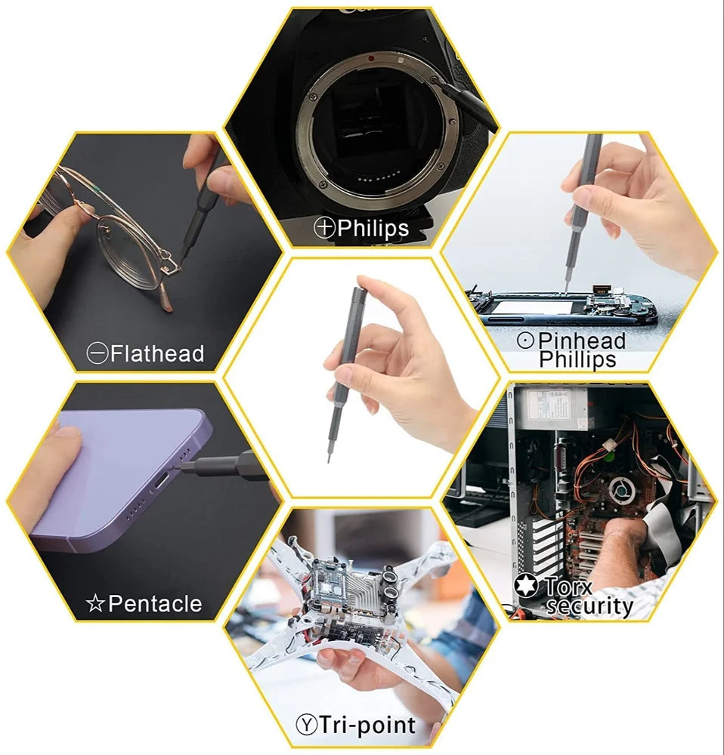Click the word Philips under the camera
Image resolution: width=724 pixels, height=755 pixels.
tap(373, 227)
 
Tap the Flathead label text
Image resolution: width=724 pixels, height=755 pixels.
tap(157, 353)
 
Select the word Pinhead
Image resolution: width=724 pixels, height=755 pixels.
tap(582, 341)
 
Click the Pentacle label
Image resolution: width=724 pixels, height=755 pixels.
tap(155, 603)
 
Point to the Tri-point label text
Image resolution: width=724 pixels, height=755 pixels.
tap(367, 726)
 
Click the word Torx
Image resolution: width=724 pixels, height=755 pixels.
tap(569, 585)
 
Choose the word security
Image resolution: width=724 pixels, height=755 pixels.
tap(589, 606)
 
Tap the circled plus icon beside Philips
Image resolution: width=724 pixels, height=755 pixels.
tap(325, 227)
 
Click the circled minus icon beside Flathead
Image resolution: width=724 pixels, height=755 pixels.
tap(97, 353)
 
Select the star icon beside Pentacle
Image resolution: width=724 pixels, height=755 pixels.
tap(95, 604)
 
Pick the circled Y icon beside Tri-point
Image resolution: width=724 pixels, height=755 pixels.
tap(305, 726)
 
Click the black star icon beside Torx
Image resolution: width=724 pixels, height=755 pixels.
tap(526, 586)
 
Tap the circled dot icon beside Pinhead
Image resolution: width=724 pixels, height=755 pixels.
tap(526, 341)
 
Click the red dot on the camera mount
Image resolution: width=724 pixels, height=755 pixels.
tap(370, 57)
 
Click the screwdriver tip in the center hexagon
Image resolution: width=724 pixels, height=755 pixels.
tap(329, 458)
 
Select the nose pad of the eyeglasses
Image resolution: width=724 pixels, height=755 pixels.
tap(178, 266)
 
